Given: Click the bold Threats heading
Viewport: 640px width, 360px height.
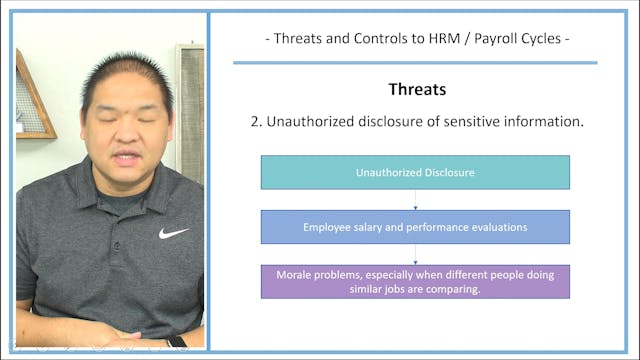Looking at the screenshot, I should click(x=415, y=89).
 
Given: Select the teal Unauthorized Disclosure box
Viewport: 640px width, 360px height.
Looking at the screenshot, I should click(x=415, y=172).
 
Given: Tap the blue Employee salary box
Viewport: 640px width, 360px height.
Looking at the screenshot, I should click(x=415, y=227).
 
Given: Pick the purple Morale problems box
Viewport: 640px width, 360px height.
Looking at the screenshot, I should click(x=415, y=281).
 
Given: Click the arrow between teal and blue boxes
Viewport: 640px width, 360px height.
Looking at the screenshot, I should click(x=415, y=200).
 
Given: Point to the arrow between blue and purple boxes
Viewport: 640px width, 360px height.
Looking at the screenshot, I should click(x=415, y=255).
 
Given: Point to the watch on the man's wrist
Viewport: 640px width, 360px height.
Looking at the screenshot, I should click(x=176, y=342).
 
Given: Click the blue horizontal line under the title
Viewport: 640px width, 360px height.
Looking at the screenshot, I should click(x=415, y=62).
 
